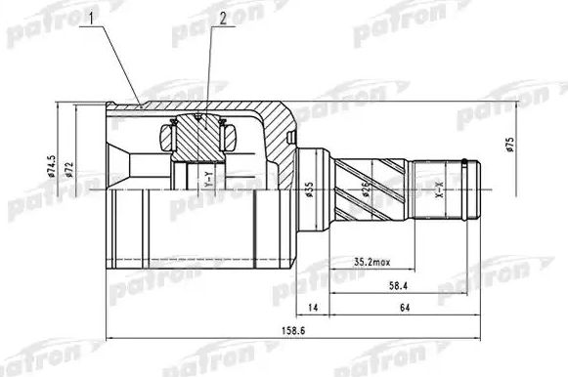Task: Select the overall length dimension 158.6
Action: [284, 328]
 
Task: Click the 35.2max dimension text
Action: [371, 262]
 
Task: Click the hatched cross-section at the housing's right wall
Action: [282, 137]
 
